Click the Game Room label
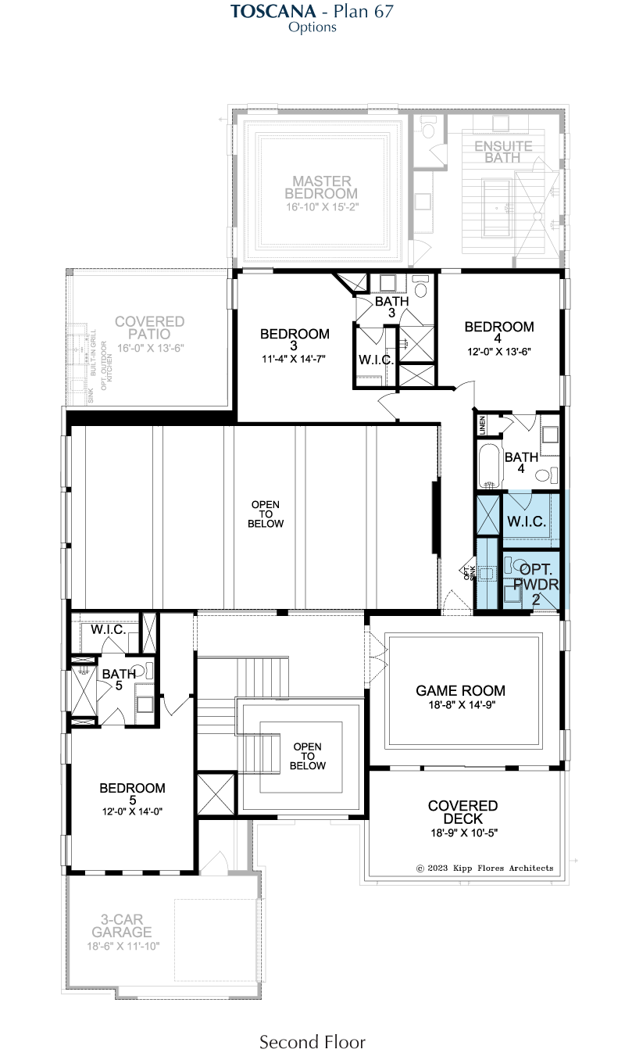460,690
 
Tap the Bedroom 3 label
295,339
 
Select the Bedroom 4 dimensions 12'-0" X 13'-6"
499,352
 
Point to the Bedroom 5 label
132,793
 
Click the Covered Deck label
462,812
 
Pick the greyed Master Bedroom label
321,188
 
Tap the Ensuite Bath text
503,152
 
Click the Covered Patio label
149,328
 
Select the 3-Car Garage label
122,926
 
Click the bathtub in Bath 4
489,465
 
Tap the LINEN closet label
482,425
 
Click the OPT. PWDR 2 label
536,584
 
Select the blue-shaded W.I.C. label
527,521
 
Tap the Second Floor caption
312,1042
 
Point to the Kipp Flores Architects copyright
484,868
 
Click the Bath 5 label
119,679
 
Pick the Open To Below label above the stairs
308,756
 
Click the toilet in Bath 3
420,287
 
